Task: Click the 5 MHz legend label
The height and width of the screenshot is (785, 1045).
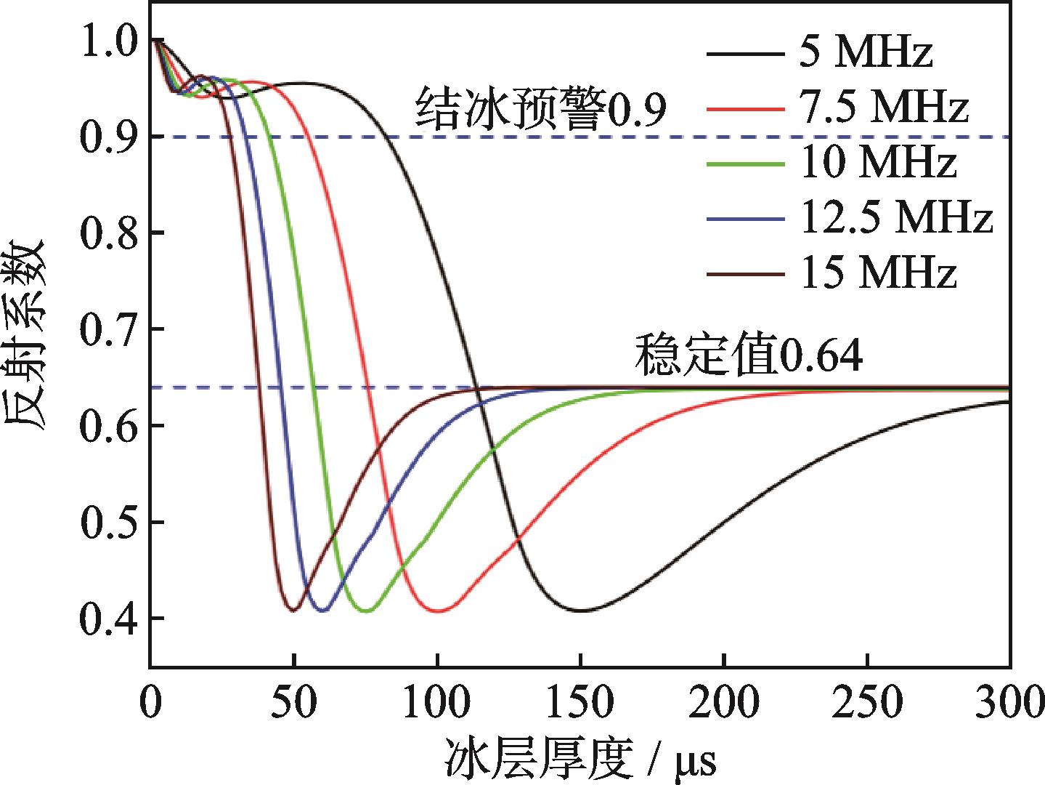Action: pos(866,53)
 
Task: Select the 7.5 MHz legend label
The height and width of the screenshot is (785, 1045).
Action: pos(884,108)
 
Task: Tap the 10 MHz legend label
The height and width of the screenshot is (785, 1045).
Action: pos(878,163)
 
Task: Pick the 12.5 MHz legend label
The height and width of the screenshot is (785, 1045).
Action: pos(896,218)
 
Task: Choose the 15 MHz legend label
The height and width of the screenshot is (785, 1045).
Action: pos(878,273)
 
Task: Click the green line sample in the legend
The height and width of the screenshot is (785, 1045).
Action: pos(744,164)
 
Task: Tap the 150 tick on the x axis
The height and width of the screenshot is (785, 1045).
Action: pos(580,703)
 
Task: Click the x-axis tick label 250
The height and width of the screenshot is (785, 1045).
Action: pos(868,703)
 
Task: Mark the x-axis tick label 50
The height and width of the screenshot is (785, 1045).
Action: pos(293,703)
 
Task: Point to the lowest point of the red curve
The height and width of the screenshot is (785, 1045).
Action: pos(438,611)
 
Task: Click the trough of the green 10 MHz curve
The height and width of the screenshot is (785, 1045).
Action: pos(367,611)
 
